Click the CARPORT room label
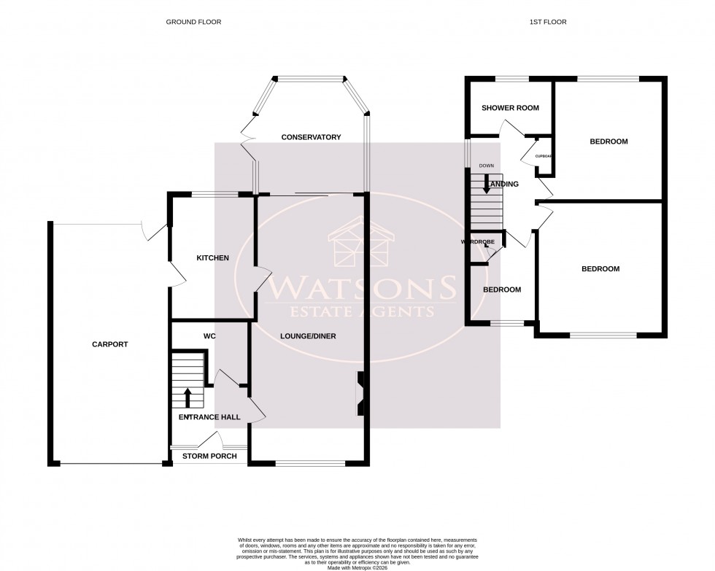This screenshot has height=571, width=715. [110, 344]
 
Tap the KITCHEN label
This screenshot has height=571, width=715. [213, 258]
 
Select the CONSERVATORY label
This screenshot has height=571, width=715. [312, 137]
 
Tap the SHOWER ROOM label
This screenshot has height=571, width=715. [511, 108]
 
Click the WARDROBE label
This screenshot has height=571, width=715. [478, 241]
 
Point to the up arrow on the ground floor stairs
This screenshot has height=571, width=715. [188, 397]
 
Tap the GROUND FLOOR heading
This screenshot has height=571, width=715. [193, 22]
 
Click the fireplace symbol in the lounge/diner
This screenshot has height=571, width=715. [360, 394]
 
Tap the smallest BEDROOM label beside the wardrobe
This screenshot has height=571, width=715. [503, 290]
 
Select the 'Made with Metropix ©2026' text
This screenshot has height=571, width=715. [357, 558]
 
